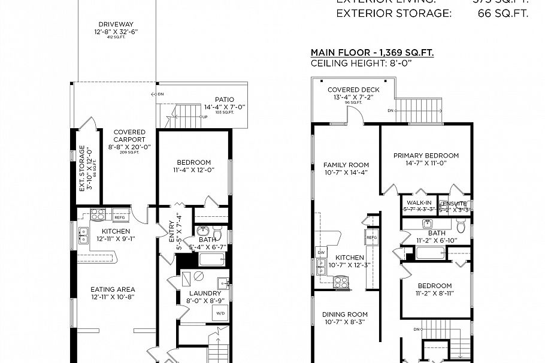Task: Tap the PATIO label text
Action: coord(225,100)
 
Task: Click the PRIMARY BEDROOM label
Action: coord(426,156)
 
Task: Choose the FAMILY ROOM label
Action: coord(346,165)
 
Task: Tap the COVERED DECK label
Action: coord(353,90)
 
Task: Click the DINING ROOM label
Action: coord(345,314)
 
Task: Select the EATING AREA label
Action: coord(113,289)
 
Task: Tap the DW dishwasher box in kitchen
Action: coord(321,253)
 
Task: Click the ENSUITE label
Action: coord(454,204)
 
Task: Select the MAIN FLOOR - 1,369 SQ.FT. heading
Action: coord(372,53)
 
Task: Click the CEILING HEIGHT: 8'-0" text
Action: coord(362,63)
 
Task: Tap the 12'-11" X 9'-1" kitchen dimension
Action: coord(116,239)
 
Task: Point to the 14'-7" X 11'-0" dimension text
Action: coord(426,164)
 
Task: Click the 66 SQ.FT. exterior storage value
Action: coord(503,13)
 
